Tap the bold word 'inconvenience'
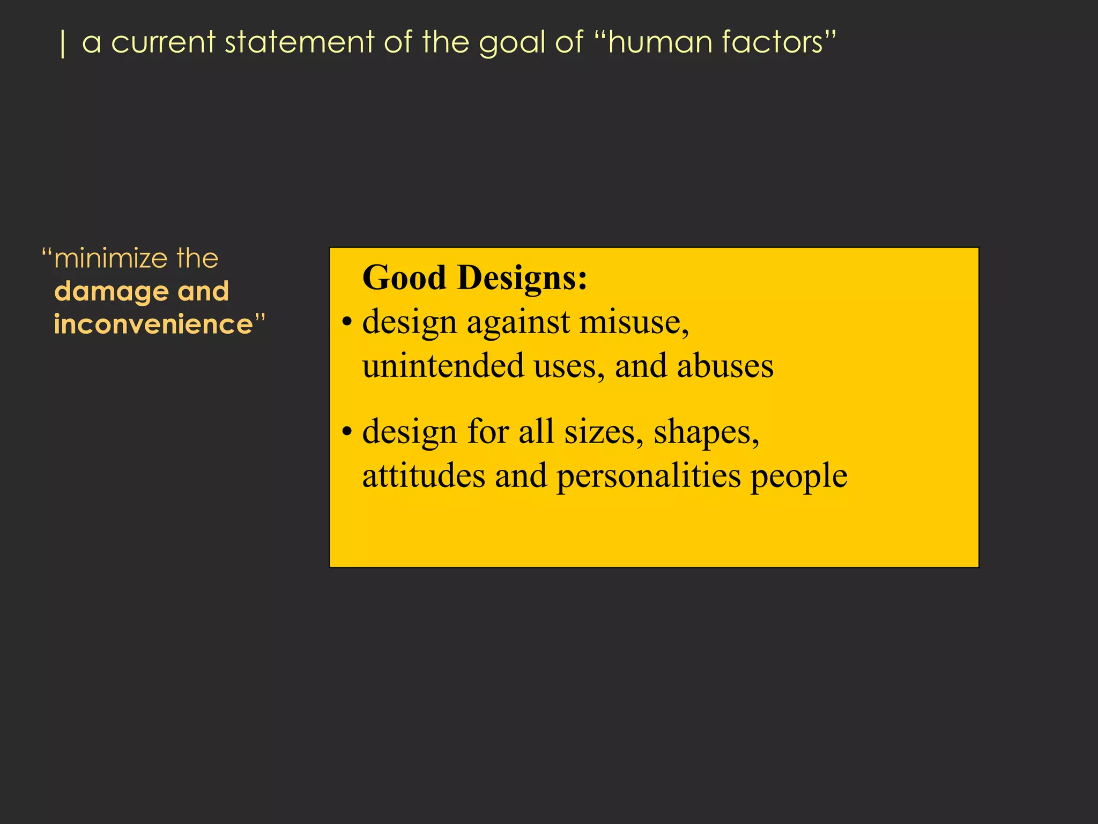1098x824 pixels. click(x=153, y=325)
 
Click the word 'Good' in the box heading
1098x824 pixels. click(x=404, y=278)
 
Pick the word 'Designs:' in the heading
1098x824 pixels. click(x=522, y=278)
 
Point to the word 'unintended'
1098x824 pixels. click(x=443, y=366)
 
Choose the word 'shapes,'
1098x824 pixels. click(x=706, y=432)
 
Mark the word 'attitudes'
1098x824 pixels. click(x=424, y=475)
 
